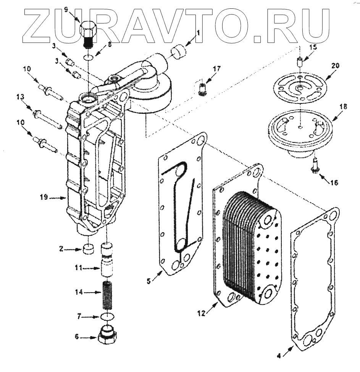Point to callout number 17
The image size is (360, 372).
[x=217, y=69]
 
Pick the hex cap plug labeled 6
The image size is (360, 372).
[x=109, y=335]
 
